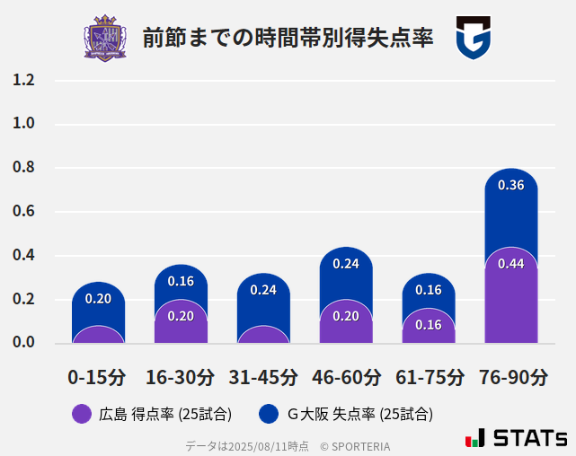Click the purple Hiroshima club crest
click(105, 38)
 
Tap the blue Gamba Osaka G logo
click(474, 38)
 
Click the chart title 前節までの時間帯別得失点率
click(288, 39)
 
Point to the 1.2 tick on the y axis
click(23, 80)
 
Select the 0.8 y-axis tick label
click(23, 168)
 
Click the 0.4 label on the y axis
click(23, 256)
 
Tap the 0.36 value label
click(510, 186)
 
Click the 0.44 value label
click(510, 264)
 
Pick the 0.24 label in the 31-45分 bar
click(263, 290)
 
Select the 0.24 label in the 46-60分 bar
click(346, 264)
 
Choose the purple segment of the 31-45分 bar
click(263, 335)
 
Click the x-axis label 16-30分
click(181, 377)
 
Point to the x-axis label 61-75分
click(429, 377)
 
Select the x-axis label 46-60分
click(346, 377)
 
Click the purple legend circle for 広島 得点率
click(82, 414)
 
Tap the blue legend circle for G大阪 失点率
click(269, 414)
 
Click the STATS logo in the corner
click(517, 439)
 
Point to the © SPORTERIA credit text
click(355, 446)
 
